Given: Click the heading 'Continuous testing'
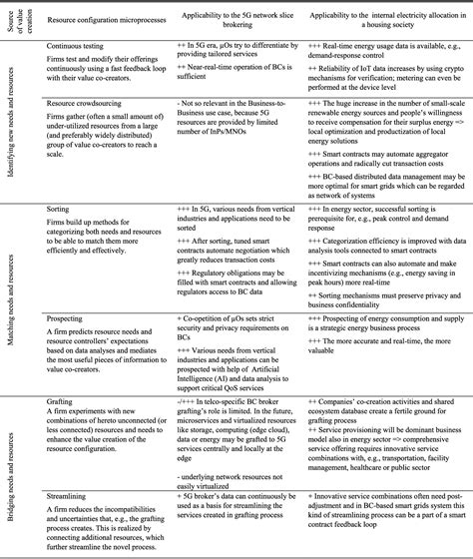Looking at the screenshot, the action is point(78,45).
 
